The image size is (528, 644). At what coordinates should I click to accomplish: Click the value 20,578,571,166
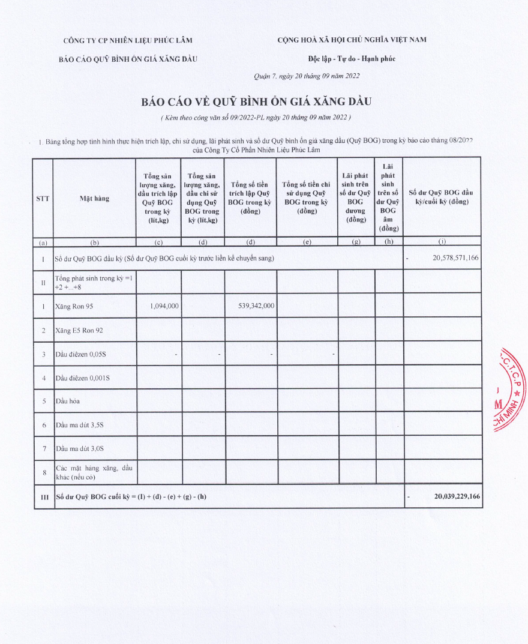click(x=455, y=257)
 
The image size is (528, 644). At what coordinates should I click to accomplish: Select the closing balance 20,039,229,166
click(x=457, y=496)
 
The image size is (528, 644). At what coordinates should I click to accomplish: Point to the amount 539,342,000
click(x=252, y=305)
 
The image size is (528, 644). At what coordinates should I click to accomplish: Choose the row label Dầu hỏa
click(x=67, y=400)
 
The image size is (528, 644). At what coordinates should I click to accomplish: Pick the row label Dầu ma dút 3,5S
click(x=80, y=424)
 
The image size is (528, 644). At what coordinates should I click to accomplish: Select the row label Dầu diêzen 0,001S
click(x=82, y=378)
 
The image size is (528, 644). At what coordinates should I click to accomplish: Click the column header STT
click(x=43, y=198)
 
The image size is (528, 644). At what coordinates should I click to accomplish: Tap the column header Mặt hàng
click(x=94, y=198)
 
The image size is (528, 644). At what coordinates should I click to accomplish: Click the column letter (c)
click(x=158, y=242)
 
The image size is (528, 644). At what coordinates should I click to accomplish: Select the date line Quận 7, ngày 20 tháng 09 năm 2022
click(x=307, y=76)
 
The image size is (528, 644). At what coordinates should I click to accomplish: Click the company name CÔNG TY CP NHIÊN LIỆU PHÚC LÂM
click(x=128, y=40)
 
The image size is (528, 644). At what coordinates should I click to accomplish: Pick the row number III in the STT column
click(x=43, y=497)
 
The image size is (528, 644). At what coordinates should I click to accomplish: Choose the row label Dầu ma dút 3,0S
click(x=80, y=448)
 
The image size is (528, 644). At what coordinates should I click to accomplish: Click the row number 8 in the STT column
click(x=43, y=472)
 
